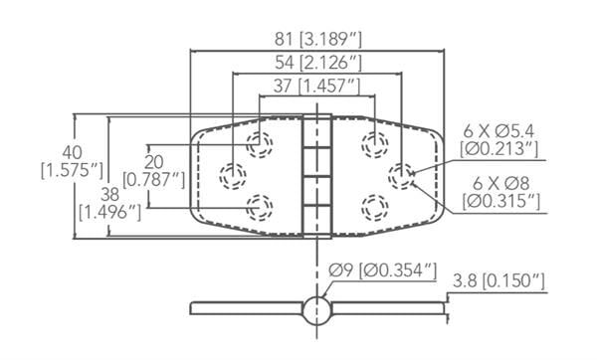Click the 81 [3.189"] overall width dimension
coord(318,39)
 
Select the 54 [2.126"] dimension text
coord(318,63)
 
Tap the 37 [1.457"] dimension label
coord(316,86)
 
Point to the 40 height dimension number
coord(72,153)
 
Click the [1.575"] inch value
coord(72,171)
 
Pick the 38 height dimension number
coord(110,195)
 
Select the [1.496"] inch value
coord(110,213)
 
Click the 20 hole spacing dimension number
coord(154,162)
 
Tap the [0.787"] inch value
coord(154,180)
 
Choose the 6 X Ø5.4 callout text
coord(498,131)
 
